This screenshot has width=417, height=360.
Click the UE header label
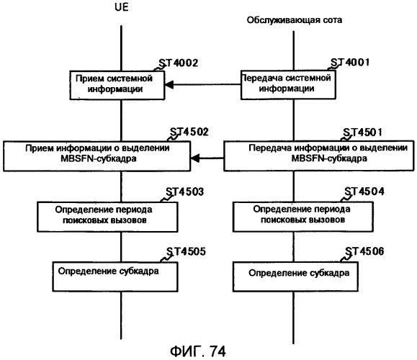pyautogui.click(x=122, y=7)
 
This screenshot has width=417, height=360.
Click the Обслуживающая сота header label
pyautogui.click(x=295, y=20)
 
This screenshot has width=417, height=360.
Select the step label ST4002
pyautogui.click(x=179, y=63)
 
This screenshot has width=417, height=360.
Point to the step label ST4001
pyautogui.click(x=350, y=63)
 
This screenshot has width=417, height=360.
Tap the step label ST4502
pyautogui.click(x=189, y=132)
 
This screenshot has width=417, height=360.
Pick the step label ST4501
pyautogui.click(x=362, y=132)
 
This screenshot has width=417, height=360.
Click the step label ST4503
pyautogui.click(x=185, y=192)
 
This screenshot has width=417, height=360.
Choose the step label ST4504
pyautogui.click(x=364, y=192)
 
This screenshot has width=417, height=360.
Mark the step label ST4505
pyautogui.click(x=186, y=251)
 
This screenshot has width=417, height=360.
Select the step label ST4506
pyautogui.click(x=364, y=251)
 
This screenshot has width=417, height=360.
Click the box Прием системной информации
pyautogui.click(x=117, y=86)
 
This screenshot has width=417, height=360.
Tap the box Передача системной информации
pyautogui.click(x=288, y=85)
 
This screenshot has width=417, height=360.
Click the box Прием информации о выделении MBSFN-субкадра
pyautogui.click(x=97, y=156)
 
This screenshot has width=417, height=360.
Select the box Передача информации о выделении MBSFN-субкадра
pyautogui.click(x=319, y=156)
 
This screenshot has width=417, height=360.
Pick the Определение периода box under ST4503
pyautogui.click(x=107, y=217)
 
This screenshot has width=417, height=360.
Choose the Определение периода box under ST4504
pyautogui.click(x=303, y=217)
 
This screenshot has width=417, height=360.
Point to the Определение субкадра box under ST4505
pyautogui.click(x=115, y=276)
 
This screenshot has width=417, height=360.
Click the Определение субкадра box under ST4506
pyautogui.click(x=295, y=276)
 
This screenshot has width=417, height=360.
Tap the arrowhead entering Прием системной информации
pyautogui.click(x=169, y=85)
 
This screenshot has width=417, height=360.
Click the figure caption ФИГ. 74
pyautogui.click(x=198, y=351)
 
